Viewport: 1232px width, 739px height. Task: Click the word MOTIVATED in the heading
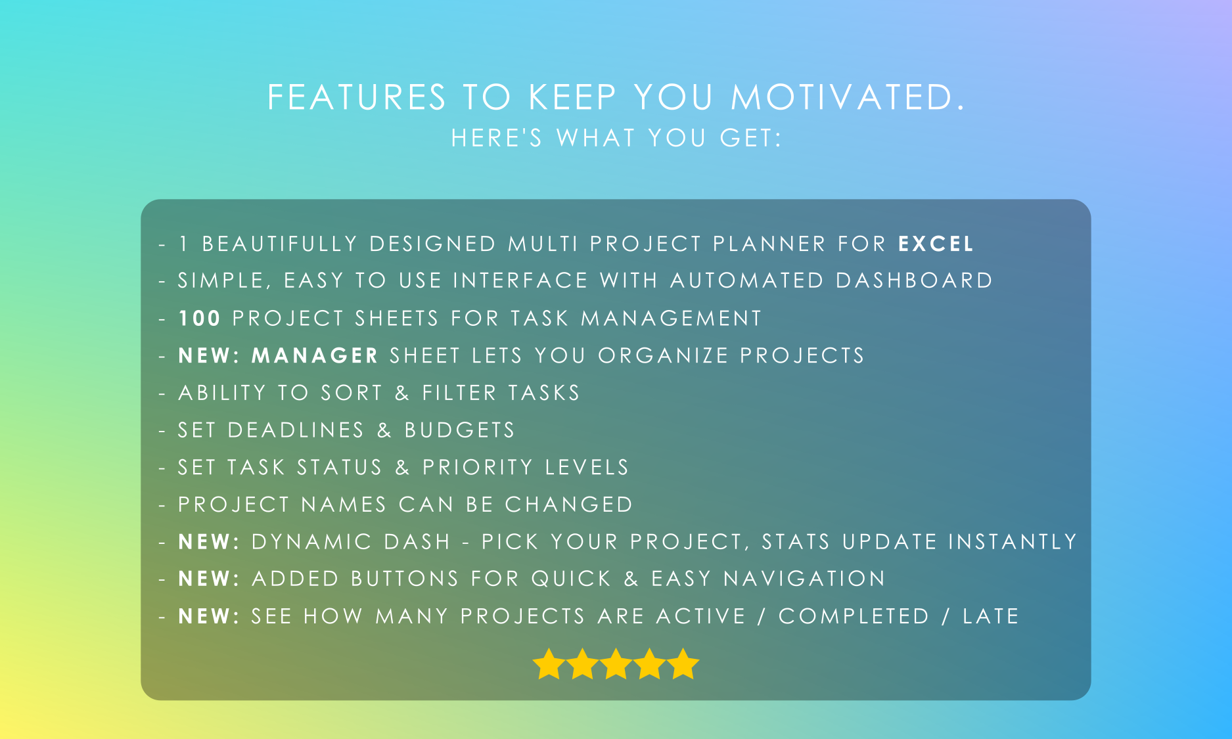click(847, 97)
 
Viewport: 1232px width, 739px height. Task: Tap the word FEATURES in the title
click(357, 97)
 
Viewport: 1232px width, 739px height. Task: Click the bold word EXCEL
click(936, 244)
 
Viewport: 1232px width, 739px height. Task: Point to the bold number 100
click(199, 319)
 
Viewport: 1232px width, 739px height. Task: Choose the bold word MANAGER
click(315, 355)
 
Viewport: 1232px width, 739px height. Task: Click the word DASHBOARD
click(914, 280)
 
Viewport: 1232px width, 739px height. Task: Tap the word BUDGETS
click(460, 430)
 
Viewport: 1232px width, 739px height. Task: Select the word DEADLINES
click(296, 430)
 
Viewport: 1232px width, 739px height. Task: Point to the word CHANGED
click(568, 504)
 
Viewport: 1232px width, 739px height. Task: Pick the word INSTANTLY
click(1013, 541)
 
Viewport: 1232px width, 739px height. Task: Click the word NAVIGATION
click(804, 579)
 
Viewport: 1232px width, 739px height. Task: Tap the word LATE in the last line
click(991, 616)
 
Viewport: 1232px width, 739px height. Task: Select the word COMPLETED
click(854, 616)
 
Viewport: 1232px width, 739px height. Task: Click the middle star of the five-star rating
click(616, 663)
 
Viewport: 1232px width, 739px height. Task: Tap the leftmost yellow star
click(549, 663)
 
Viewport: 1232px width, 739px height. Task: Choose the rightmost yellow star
click(683, 663)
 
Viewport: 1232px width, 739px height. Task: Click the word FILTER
click(459, 393)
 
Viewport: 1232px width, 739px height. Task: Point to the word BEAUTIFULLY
click(280, 244)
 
